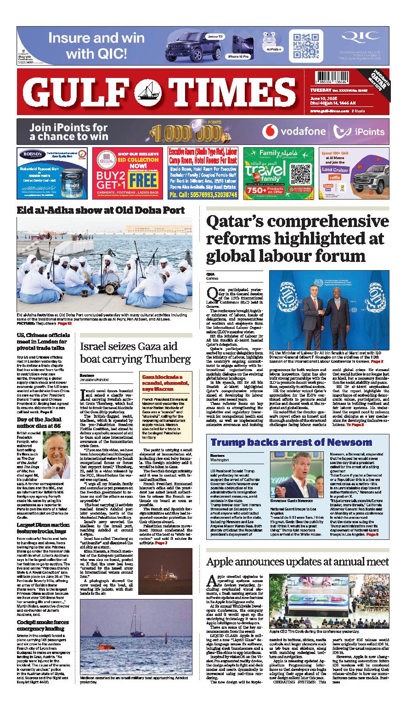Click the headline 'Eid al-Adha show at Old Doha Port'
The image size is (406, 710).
tap(101, 211)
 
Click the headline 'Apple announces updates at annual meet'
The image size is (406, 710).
tap(298, 562)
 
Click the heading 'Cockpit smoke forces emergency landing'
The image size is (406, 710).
tap(43, 625)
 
